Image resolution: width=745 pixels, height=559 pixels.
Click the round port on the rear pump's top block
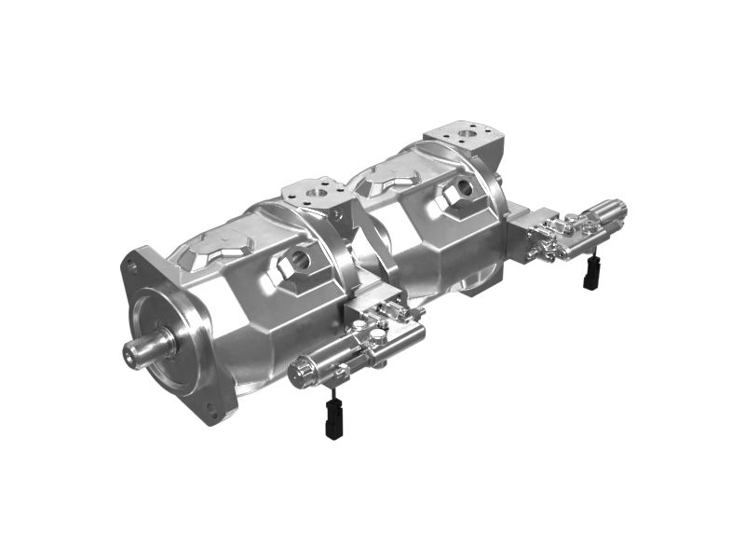[x=466, y=135]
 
